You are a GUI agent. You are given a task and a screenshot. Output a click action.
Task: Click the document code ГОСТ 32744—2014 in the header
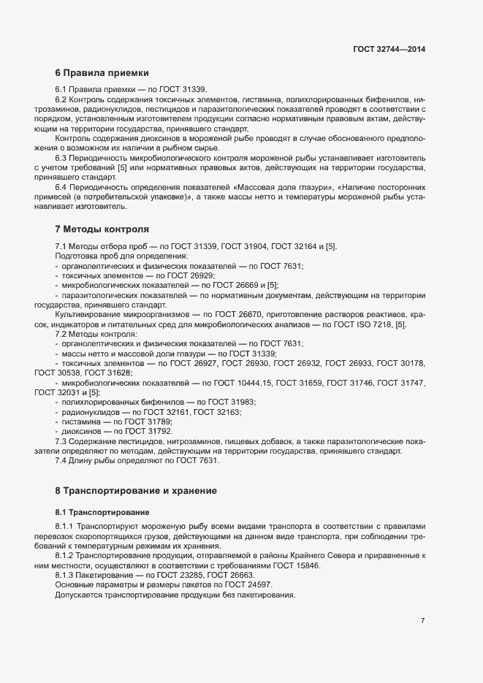coord(389,49)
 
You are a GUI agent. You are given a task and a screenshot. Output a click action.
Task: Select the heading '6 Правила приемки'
coord(102,73)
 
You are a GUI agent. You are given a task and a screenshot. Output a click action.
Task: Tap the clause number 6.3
coord(61,158)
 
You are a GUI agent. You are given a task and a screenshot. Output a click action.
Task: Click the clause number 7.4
coord(61,461)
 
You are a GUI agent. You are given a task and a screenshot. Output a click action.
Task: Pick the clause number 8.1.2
coord(64,557)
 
